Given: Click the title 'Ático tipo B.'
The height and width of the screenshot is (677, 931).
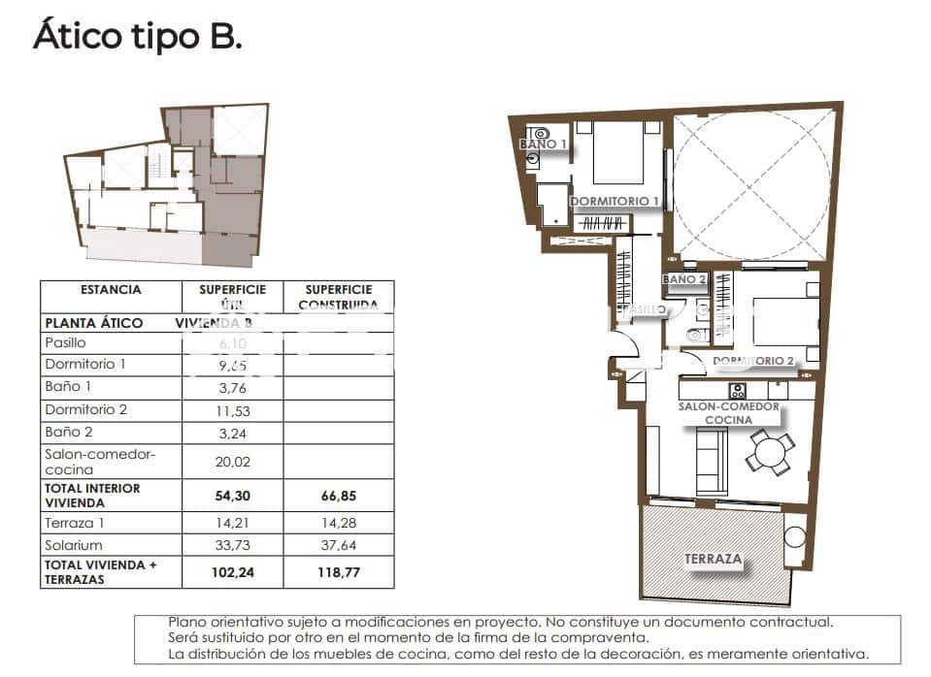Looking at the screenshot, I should (x=137, y=37).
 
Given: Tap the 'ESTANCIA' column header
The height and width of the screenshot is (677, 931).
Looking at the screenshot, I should (x=111, y=290).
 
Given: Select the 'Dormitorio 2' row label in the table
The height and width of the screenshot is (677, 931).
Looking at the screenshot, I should (x=85, y=410).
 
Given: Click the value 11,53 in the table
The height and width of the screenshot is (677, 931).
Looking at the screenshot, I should (x=233, y=411).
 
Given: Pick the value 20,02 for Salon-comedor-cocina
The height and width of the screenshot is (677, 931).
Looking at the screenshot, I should (x=233, y=462).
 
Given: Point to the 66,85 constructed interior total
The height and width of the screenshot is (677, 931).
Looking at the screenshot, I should (x=339, y=496).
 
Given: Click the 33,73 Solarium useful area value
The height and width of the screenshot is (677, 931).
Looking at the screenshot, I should (x=233, y=545).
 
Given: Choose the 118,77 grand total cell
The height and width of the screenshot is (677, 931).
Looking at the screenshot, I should (x=339, y=572).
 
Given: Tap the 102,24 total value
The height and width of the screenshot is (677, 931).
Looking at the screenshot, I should (x=233, y=572).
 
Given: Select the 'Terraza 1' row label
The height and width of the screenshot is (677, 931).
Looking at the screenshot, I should (x=74, y=523).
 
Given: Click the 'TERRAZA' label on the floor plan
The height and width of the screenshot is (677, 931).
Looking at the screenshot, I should (x=714, y=560).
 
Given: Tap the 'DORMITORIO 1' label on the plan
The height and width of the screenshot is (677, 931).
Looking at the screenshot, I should (x=615, y=202).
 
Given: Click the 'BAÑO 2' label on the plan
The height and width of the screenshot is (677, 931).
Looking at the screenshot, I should (x=684, y=279).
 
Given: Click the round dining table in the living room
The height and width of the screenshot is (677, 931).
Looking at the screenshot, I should (x=771, y=452).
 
